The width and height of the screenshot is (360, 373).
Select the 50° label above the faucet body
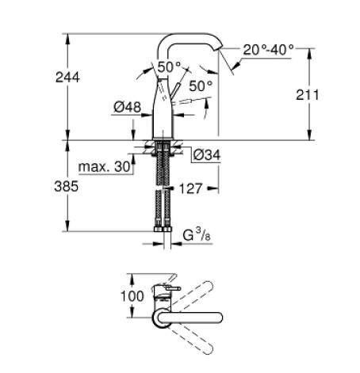[x=168, y=67]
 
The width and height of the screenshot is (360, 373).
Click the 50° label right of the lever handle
[x=201, y=84]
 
